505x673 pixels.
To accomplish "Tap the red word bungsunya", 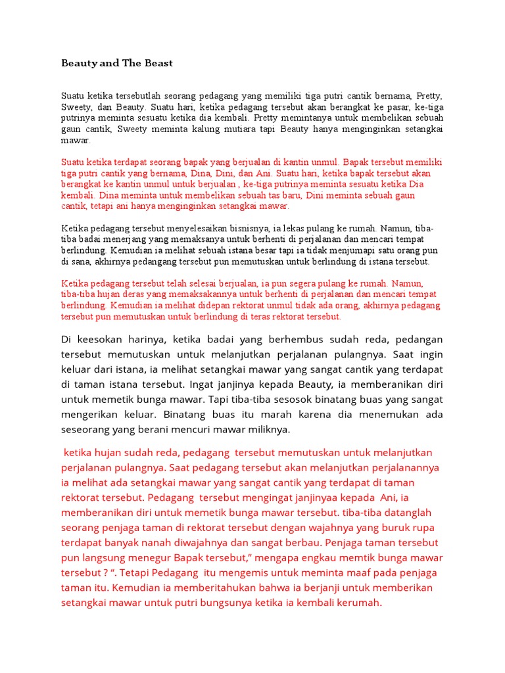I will point(249,603).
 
